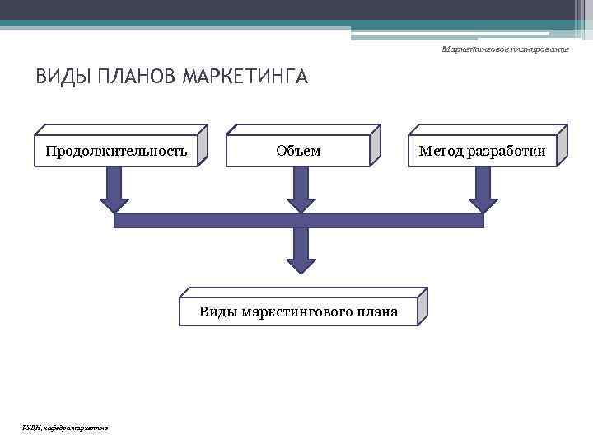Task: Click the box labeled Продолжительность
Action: tap(116, 151)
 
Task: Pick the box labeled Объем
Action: tap(298, 151)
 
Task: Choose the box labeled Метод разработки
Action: tap(482, 151)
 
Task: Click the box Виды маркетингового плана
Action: tap(298, 311)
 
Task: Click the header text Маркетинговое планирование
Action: tap(505, 50)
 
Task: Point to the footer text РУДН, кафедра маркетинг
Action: tap(65, 426)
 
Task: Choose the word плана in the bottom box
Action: tap(377, 311)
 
